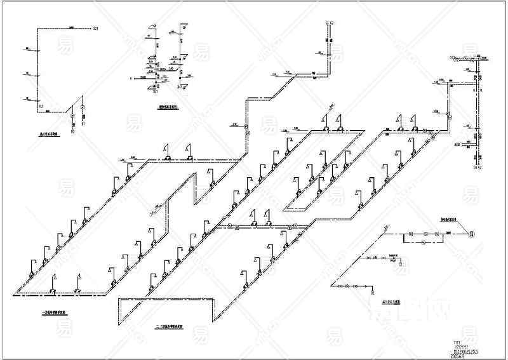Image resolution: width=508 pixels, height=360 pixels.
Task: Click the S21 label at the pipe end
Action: click(95, 29)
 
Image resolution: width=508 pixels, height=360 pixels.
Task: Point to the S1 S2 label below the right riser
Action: click(478, 168)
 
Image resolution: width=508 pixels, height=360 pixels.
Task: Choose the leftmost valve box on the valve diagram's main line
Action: click(410, 235)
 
